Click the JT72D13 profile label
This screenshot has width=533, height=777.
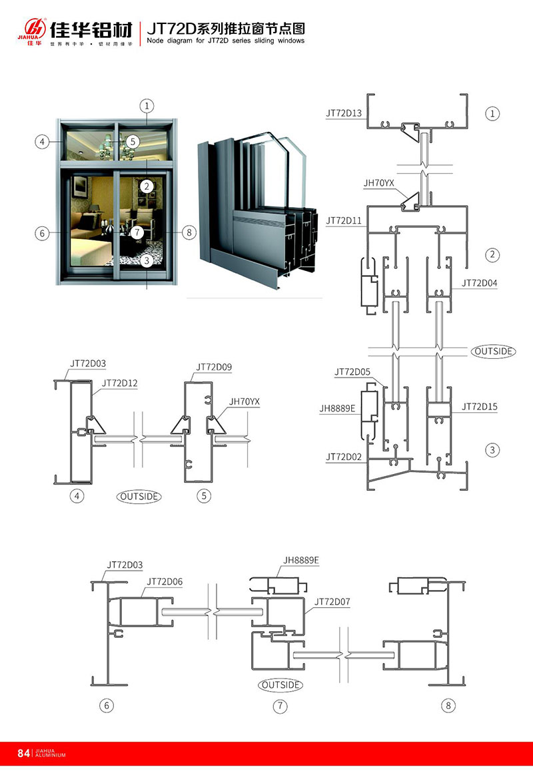(x=344, y=114)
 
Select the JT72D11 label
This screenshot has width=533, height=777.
(x=344, y=220)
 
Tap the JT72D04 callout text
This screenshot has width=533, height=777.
(x=480, y=283)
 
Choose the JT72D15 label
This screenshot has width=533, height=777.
(x=480, y=407)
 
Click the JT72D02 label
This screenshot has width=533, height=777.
(x=344, y=457)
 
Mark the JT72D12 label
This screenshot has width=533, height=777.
(x=120, y=383)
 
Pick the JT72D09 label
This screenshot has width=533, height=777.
(x=214, y=367)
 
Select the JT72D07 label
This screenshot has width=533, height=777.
(x=332, y=602)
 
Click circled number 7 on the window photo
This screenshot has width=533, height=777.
(x=137, y=232)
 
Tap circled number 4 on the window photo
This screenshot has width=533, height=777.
(x=42, y=141)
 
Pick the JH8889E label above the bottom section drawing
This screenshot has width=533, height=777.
(x=301, y=560)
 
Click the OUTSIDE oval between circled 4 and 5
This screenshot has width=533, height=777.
(x=139, y=496)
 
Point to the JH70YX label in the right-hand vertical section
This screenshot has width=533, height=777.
(x=378, y=182)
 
